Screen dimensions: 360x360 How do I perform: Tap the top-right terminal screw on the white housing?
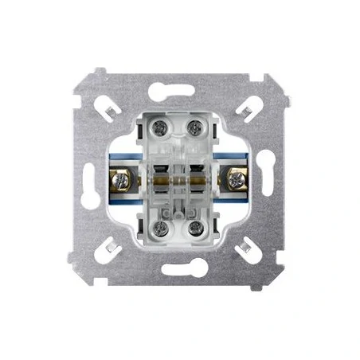[195, 127]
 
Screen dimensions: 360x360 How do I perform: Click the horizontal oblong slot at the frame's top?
[180, 90]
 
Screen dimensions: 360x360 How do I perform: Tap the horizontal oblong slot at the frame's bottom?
[180, 271]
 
